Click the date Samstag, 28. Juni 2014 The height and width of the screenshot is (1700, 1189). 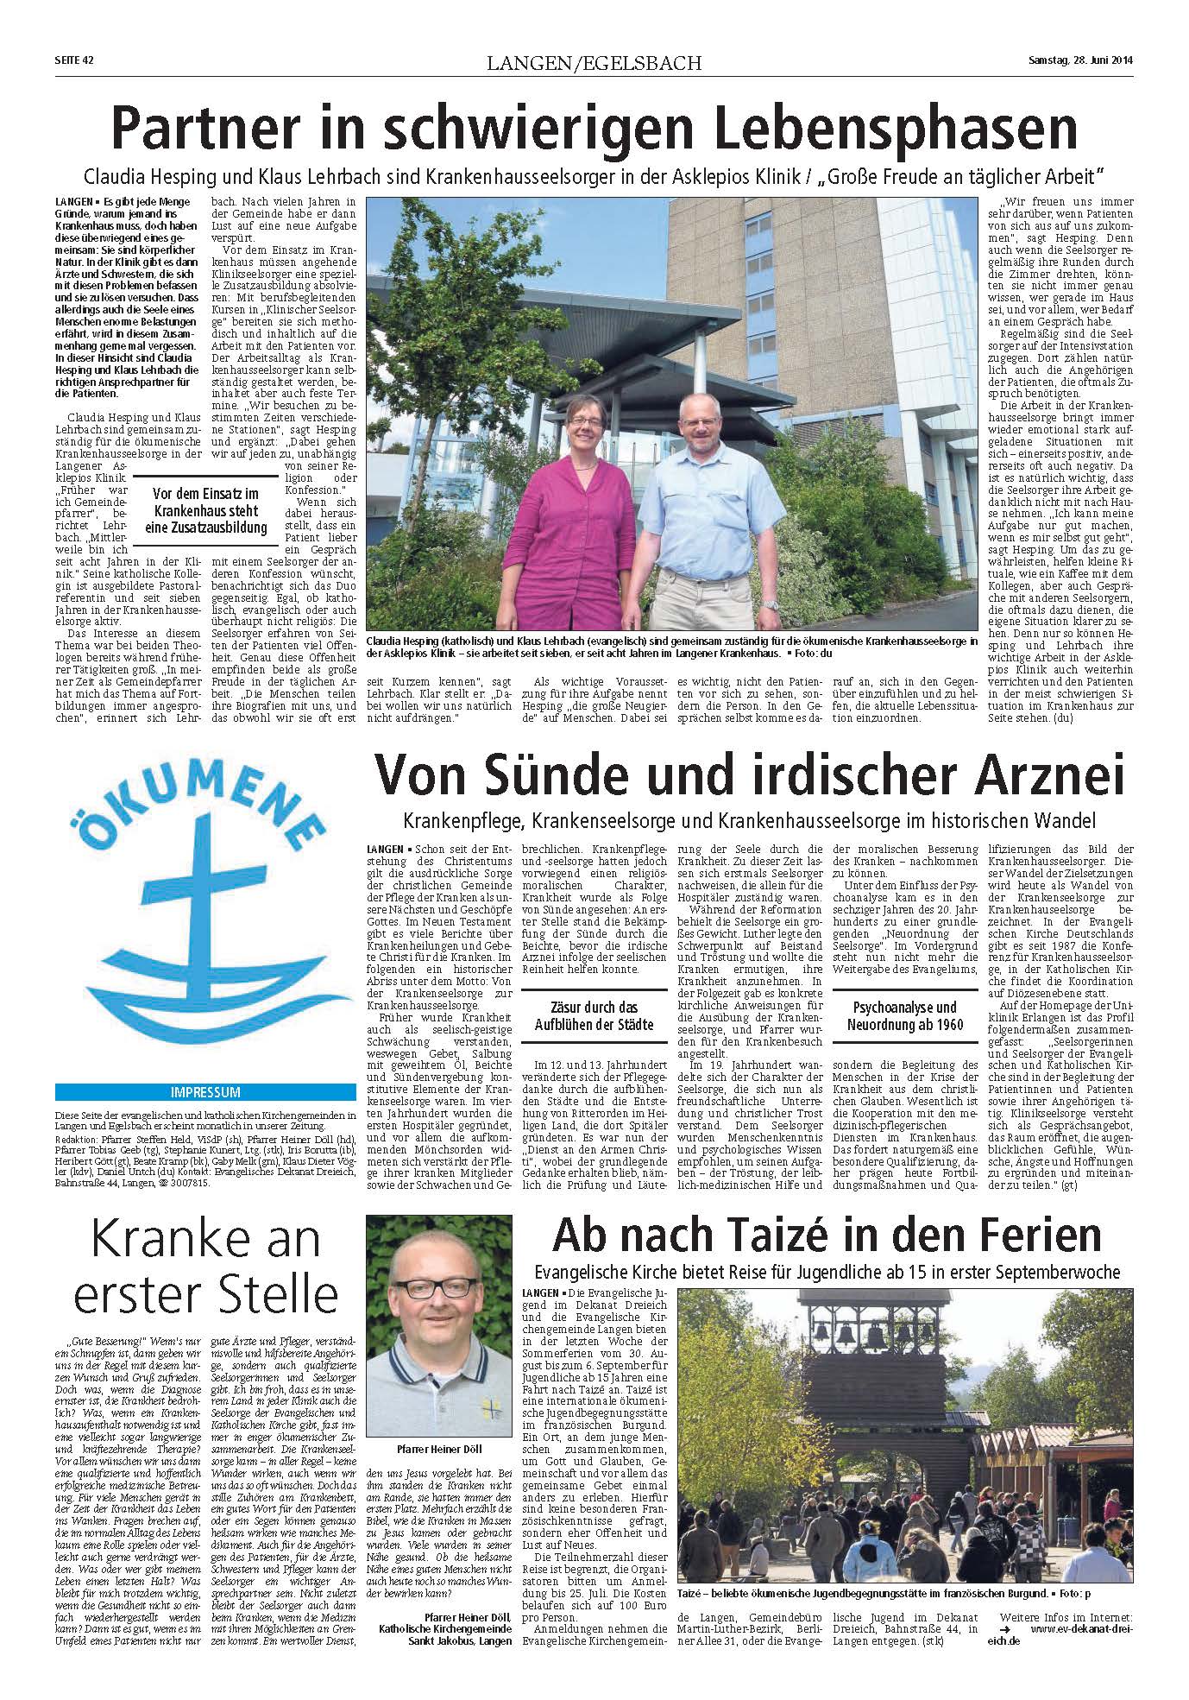pos(1080,60)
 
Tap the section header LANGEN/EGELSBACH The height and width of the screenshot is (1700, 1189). pos(594,63)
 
